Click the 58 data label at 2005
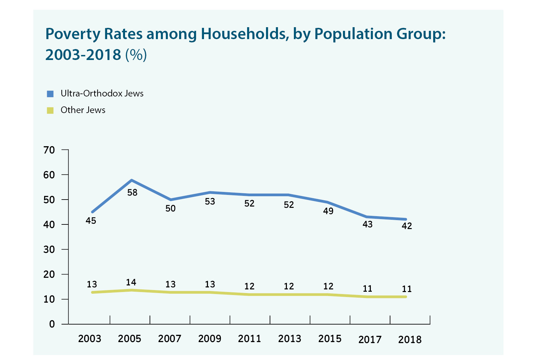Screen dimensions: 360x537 tap(132, 193)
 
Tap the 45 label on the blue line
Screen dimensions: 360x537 tap(91, 221)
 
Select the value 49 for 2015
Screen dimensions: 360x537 tap(328, 211)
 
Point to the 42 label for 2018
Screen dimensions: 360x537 tap(407, 226)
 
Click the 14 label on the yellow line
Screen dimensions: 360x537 tap(131, 282)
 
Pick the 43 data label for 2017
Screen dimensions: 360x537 tap(368, 225)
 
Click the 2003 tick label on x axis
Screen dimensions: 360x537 tap(90, 339)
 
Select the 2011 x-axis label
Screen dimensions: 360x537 tap(250, 339)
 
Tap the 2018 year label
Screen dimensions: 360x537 tap(410, 340)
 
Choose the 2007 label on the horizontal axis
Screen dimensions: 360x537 tap(169, 339)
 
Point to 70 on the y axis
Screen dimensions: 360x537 tap(49, 150)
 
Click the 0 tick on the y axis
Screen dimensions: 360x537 tap(52, 324)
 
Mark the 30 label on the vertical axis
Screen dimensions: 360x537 tap(49, 250)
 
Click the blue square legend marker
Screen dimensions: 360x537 tap(50, 94)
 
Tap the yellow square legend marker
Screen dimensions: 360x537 tap(50, 110)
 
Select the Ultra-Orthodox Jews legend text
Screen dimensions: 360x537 tap(102, 93)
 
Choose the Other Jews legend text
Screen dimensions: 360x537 tap(83, 110)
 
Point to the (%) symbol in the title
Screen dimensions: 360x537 tap(136, 55)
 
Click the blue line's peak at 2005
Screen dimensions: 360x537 tap(132, 180)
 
